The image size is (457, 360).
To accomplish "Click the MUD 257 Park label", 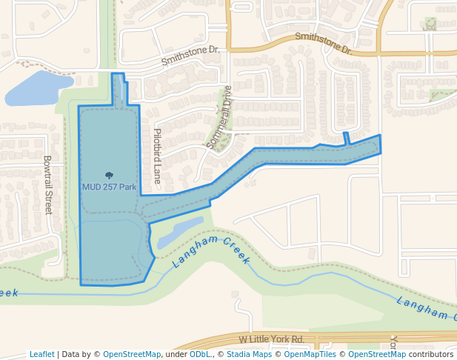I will [x=109, y=187].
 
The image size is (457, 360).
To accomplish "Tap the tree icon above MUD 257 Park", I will [x=109, y=176].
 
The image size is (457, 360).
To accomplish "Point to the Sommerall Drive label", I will [x=219, y=118].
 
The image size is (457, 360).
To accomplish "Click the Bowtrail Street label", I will [x=48, y=184].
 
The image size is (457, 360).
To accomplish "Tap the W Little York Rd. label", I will [x=271, y=339].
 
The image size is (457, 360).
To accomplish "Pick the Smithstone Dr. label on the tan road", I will [x=323, y=42].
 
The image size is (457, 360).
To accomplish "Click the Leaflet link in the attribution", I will [x=41, y=354].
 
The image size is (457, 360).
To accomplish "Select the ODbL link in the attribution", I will [x=200, y=354].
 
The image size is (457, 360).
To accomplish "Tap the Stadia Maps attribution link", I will [x=247, y=354].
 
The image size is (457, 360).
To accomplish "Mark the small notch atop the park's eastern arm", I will [x=346, y=139].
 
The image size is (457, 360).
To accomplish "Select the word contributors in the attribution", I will [x=431, y=354].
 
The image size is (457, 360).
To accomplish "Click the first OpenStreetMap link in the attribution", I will [x=131, y=354].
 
